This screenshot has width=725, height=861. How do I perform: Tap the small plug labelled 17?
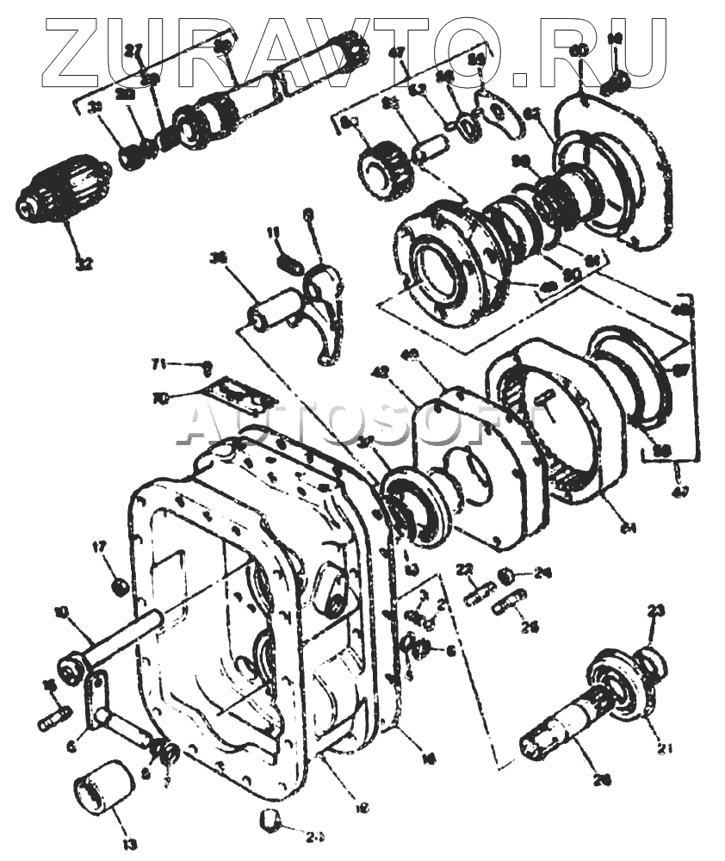(x=121, y=587)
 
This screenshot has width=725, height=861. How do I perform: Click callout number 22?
(x=465, y=568)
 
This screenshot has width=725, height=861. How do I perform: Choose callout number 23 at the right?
(x=656, y=611)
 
